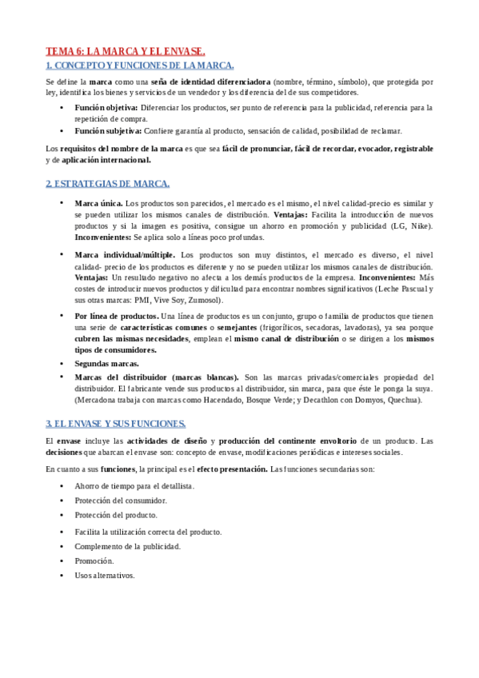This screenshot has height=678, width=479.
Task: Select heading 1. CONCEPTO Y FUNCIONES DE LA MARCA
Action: tap(140, 66)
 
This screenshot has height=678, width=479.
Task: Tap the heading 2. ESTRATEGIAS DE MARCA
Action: tap(107, 183)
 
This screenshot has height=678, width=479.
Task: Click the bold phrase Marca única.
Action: tap(98, 204)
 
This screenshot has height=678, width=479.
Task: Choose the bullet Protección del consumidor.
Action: tap(121, 500)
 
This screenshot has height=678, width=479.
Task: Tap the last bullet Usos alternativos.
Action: tap(105, 576)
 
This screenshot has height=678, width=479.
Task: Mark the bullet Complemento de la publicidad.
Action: tap(127, 546)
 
